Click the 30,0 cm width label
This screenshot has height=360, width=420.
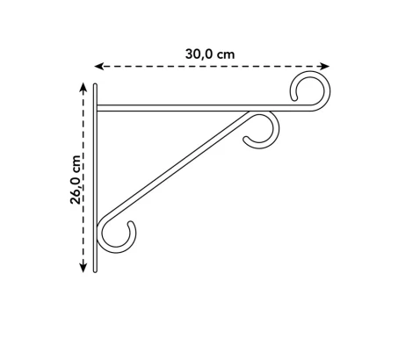pos(210,53)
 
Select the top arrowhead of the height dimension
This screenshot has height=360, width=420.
pos(83,88)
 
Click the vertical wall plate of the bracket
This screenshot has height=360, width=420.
pos(96,176)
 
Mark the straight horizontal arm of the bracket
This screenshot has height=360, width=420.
pos(193,109)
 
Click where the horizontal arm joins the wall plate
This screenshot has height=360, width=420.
pos(98,109)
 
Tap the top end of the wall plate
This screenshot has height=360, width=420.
pos(96,86)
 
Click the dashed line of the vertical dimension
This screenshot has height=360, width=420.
pos(83,220)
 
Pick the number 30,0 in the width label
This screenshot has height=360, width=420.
pos(199,53)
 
